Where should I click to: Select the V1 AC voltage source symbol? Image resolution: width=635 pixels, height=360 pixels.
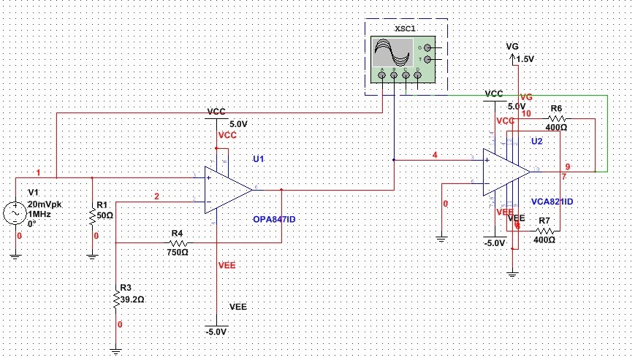click(15, 213)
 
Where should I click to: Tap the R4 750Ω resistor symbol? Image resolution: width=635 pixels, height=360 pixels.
click(178, 242)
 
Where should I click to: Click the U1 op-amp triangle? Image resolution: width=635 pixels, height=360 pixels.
click(228, 190)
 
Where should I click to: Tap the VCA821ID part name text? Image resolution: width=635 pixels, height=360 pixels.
click(551, 201)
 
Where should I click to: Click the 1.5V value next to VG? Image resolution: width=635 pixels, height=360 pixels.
click(525, 59)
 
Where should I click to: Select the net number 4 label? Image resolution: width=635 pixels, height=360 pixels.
click(435, 156)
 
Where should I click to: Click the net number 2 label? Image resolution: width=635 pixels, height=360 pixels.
click(156, 196)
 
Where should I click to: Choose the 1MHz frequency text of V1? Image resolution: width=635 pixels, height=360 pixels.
click(39, 214)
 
